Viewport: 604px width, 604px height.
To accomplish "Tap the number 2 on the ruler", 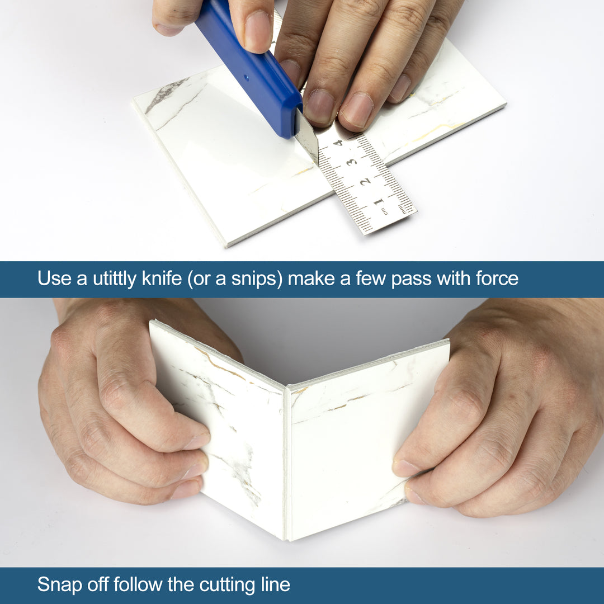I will [365, 181].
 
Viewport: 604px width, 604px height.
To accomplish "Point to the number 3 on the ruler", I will [351, 162].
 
